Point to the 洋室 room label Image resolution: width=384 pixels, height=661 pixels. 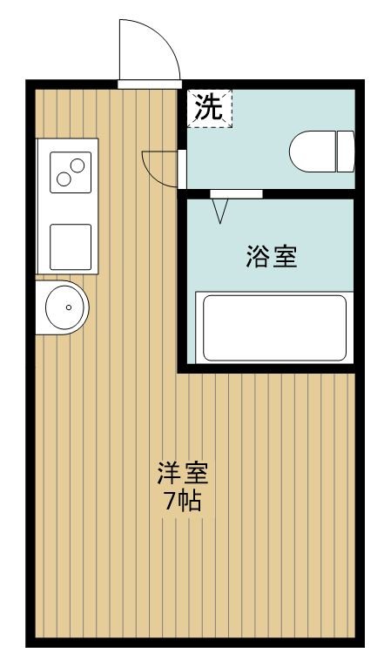pos(182,475)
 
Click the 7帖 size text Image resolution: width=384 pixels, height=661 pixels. pos(182,501)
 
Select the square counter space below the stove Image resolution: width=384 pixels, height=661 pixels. pos(70,246)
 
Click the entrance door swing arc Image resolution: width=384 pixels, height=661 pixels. pos(148,48)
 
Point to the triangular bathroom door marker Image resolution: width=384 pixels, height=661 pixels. pos(220,209)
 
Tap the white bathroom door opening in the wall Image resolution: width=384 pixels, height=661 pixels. pos(236,193)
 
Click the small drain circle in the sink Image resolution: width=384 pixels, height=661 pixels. pos(69,307)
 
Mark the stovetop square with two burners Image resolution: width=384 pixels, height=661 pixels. pos(69,171)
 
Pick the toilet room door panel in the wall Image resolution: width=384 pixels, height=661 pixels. pos(181,168)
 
